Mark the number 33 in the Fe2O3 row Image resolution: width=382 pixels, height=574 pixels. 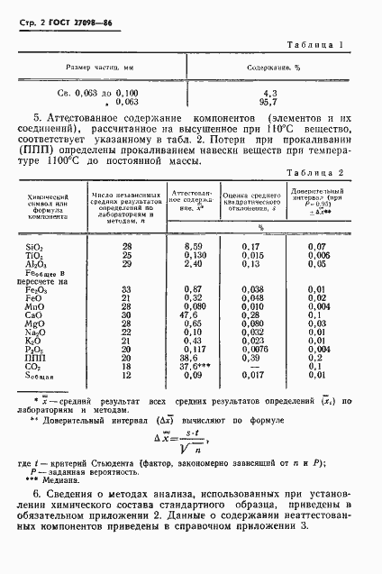coord(126,287)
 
